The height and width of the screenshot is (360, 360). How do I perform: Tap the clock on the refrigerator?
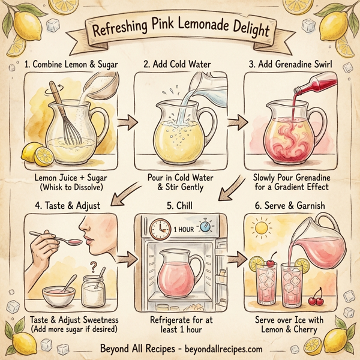tap(159, 229)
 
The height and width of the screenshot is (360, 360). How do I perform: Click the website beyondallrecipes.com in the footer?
tap(222, 349)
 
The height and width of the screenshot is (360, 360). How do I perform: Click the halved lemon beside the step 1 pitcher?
tap(43, 157)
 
